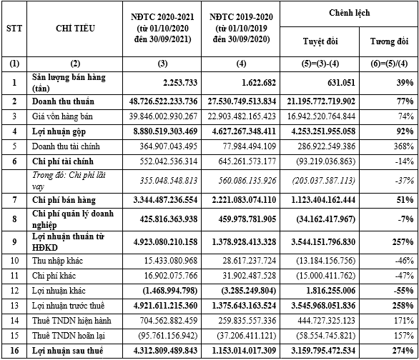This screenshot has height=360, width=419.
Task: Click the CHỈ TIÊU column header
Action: [x=72, y=29]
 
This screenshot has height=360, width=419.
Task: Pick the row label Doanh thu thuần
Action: [x=63, y=101]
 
